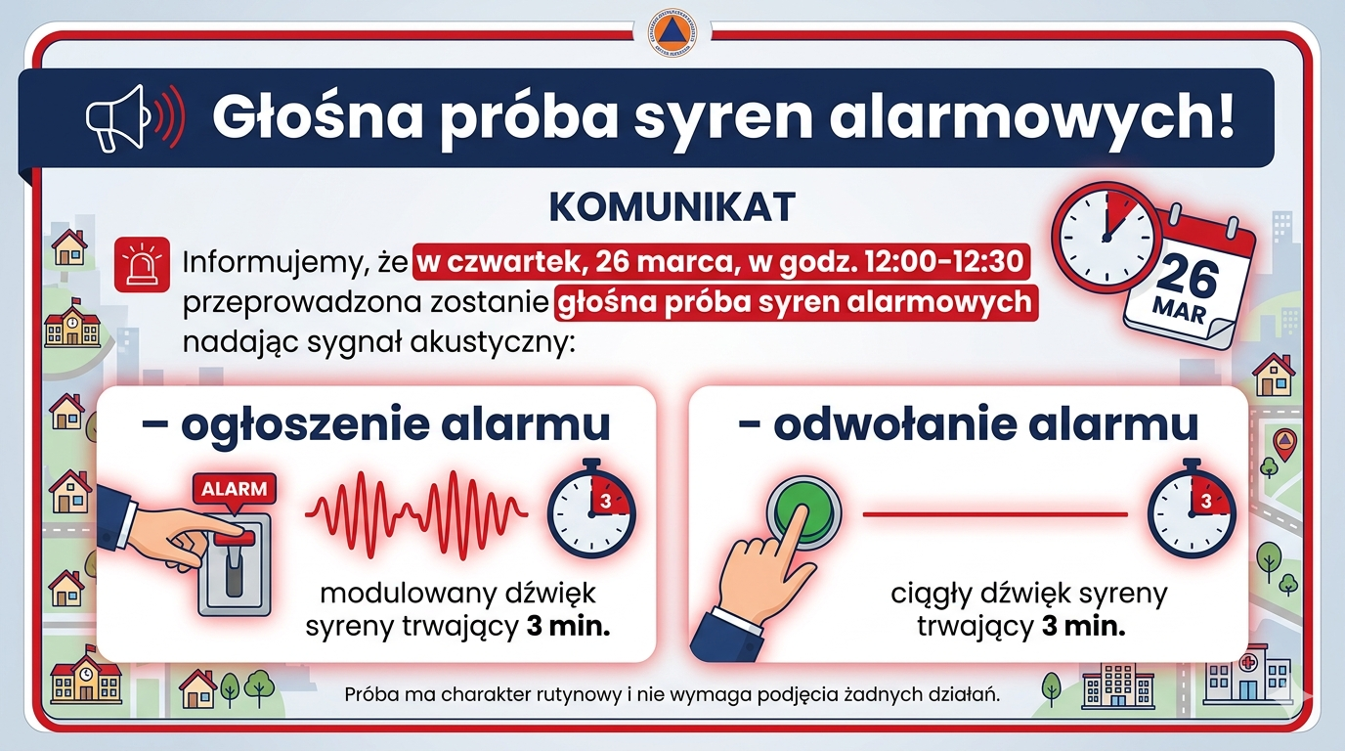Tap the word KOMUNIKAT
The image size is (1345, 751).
[672, 207]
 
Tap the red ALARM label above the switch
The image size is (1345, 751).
[234, 489]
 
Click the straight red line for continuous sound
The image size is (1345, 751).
[995, 513]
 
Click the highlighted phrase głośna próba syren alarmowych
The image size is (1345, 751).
[795, 302]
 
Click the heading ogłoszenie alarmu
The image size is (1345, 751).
[375, 425]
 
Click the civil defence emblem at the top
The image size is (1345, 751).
[673, 33]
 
